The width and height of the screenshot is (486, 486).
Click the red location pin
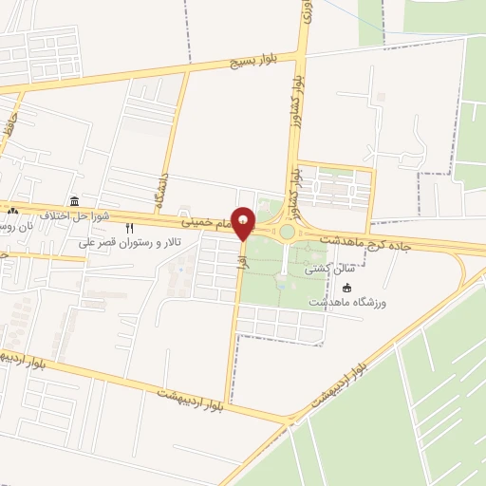(244, 222)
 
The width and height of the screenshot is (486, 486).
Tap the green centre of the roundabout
(287, 232)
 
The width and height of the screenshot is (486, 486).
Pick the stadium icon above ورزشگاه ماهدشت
(346, 288)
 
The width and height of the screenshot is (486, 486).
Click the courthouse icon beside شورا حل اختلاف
(74, 200)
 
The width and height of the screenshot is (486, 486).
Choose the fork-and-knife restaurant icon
(130, 228)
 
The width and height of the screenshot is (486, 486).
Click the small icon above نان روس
(12, 210)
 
